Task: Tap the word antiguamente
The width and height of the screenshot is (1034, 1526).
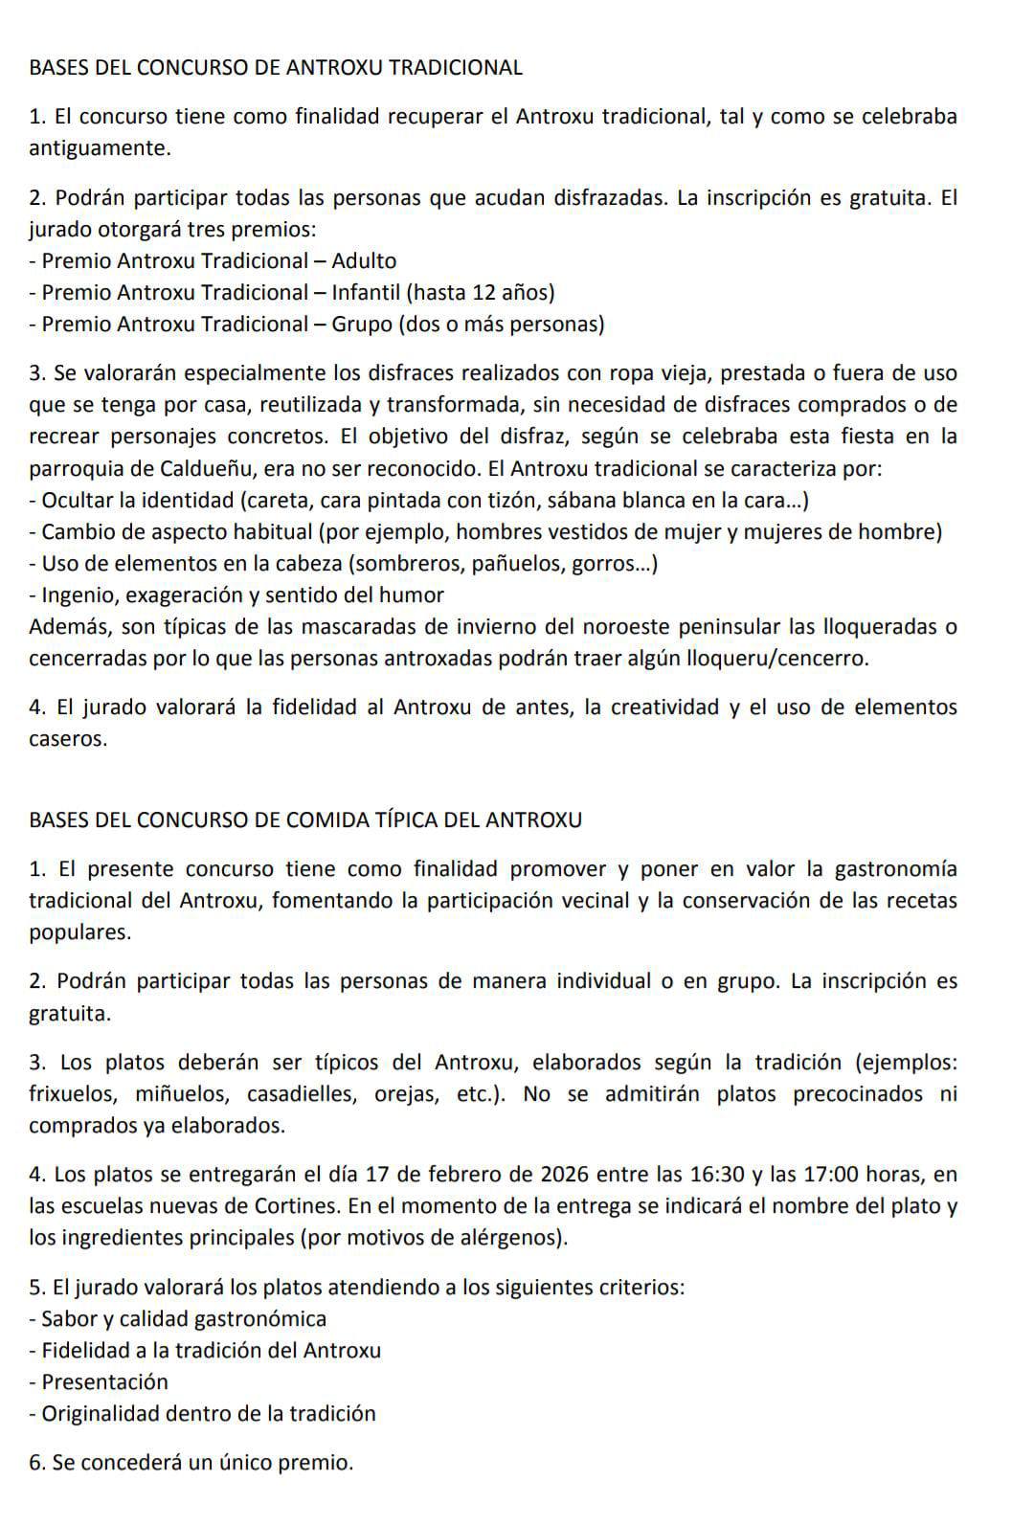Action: pos(100,148)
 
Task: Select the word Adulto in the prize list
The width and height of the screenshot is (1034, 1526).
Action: pos(364,260)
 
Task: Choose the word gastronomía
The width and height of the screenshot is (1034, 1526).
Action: pos(895,869)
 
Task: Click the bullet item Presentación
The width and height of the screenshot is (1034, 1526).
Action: pos(105,1382)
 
